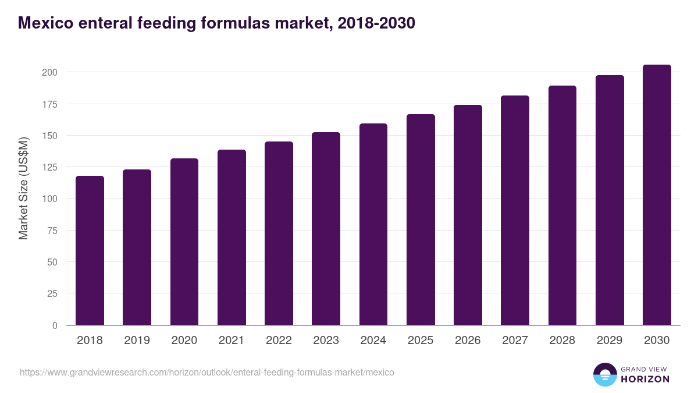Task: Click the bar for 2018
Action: coord(90,250)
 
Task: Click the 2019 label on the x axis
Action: coord(137,341)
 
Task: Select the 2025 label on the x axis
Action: coord(421,341)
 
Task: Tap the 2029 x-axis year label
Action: coord(610,341)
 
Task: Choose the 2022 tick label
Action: coord(279,341)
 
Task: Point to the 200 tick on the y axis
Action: coord(49,72)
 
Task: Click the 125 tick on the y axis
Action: coord(49,167)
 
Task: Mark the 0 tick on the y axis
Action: coord(55,325)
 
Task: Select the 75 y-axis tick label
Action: coord(52,231)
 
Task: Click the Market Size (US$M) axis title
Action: coord(23,187)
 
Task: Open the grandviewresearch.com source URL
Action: coord(207,372)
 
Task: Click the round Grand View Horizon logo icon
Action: coord(604,374)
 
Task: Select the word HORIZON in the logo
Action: coord(645,379)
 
